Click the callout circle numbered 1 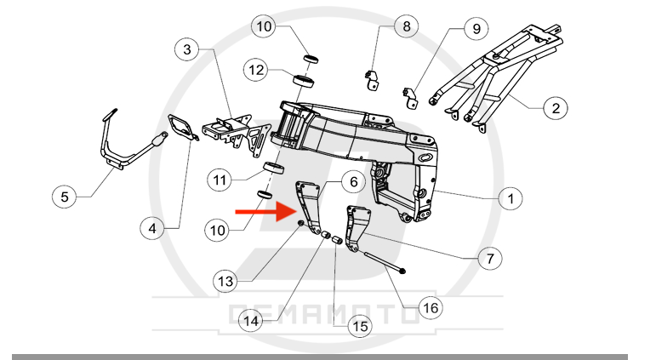coord(510,199)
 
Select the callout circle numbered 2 coord(555,108)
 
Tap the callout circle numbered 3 coord(188,49)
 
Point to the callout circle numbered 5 coord(65,197)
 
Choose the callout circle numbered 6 coord(354,181)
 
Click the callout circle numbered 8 coord(407,26)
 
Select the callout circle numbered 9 coord(476,28)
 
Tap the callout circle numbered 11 coord(220,180)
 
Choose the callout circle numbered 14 coord(250,321)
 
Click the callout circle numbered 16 coord(431,306)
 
